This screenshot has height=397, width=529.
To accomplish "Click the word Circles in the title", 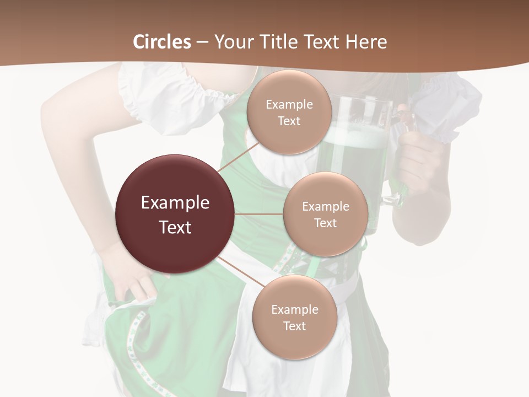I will coord(161,42).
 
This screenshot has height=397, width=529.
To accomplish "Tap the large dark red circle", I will coord(175,214).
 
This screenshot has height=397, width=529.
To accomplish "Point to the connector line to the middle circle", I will coord(259,214).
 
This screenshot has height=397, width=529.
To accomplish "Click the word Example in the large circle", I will coord(175,203).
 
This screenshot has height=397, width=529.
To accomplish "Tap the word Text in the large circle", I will coord(175,227).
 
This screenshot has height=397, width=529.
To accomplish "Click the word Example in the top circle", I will coord(289,105).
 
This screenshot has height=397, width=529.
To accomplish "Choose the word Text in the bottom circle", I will coord(294,326).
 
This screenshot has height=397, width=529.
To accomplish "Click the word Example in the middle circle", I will coord(325,207).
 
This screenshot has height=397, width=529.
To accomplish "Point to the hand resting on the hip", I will coord(129,276).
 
